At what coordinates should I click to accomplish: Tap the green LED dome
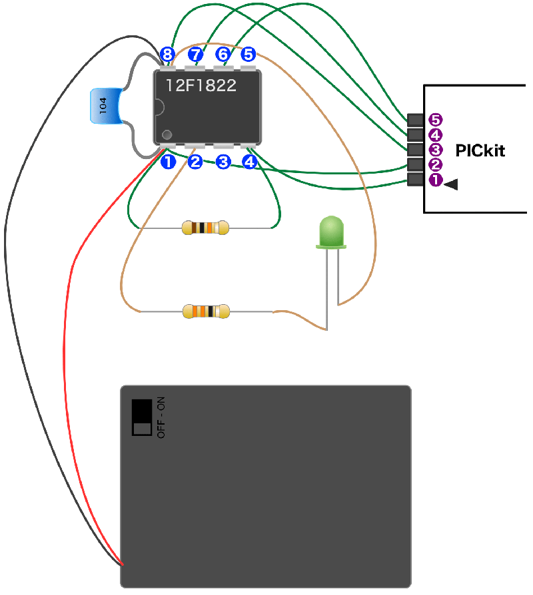pyautogui.click(x=330, y=231)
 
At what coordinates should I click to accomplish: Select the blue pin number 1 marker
pyautogui.click(x=167, y=161)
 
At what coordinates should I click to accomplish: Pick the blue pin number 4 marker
pyautogui.click(x=249, y=161)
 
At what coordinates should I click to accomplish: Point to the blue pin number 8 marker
pyautogui.click(x=167, y=53)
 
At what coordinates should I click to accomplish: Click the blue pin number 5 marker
pyautogui.click(x=248, y=53)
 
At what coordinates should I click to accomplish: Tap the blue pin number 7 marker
pyautogui.click(x=195, y=53)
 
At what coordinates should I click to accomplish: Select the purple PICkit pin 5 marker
pyautogui.click(x=436, y=120)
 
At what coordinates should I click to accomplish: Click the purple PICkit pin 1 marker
pyautogui.click(x=436, y=180)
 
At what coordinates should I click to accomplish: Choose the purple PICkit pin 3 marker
pyautogui.click(x=436, y=150)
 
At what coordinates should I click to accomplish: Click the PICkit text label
pyautogui.click(x=480, y=150)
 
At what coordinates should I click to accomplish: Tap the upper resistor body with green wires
pyautogui.click(x=205, y=228)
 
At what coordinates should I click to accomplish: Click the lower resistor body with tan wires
pyautogui.click(x=205, y=311)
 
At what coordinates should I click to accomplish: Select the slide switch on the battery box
pyautogui.click(x=142, y=417)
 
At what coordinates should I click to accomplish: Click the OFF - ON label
pyautogui.click(x=161, y=417)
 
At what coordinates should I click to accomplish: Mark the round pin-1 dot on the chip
pyautogui.click(x=167, y=134)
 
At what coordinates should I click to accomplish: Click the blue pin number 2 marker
pyautogui.click(x=195, y=161)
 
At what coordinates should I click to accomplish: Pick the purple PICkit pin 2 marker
pyautogui.click(x=436, y=165)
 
